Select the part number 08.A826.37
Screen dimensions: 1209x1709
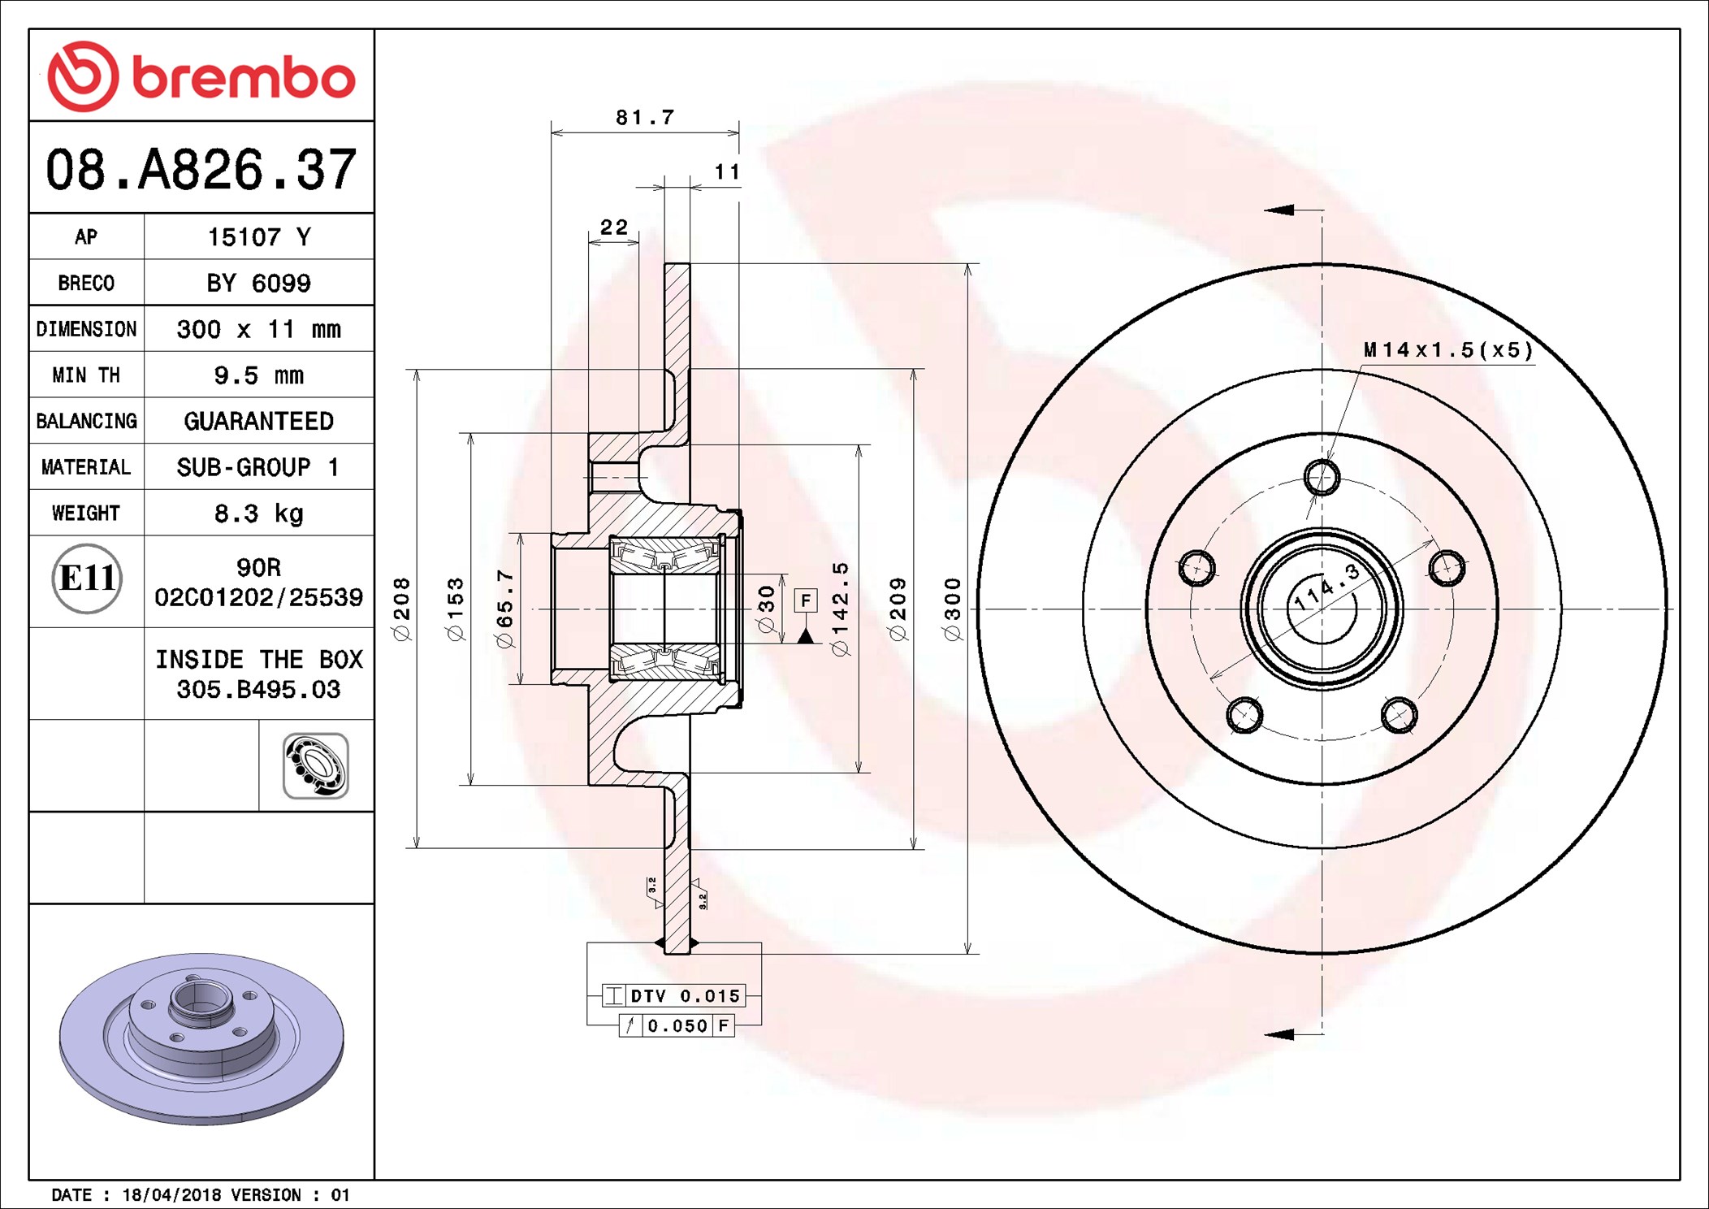[201, 170]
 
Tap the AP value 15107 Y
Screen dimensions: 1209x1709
[258, 237]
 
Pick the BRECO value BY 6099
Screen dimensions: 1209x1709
[258, 284]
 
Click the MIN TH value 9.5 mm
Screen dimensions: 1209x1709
[258, 375]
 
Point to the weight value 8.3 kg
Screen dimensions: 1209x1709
[258, 513]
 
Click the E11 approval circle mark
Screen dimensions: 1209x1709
[87, 578]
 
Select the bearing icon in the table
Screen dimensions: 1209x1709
[316, 765]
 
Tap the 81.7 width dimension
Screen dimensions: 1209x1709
[645, 118]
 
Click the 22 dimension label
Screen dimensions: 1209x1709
[614, 227]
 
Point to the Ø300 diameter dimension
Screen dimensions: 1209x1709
[953, 609]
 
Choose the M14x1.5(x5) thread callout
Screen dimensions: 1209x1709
[1448, 350]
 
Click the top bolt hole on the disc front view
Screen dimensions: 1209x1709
[1322, 477]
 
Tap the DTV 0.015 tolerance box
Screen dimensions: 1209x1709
[685, 996]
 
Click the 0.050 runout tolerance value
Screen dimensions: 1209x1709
[677, 1026]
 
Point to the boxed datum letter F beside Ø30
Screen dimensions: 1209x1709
[805, 600]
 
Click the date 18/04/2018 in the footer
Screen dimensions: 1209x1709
[171, 1195]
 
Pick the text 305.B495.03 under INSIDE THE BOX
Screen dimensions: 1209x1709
[258, 690]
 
